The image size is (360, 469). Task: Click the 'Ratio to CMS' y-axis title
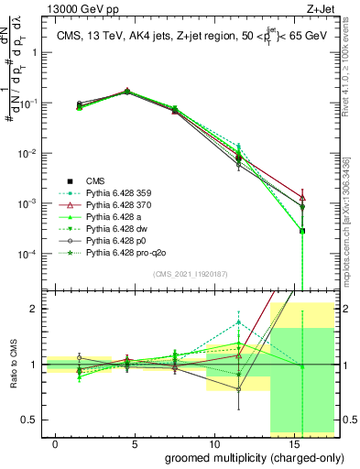point(12,365)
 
